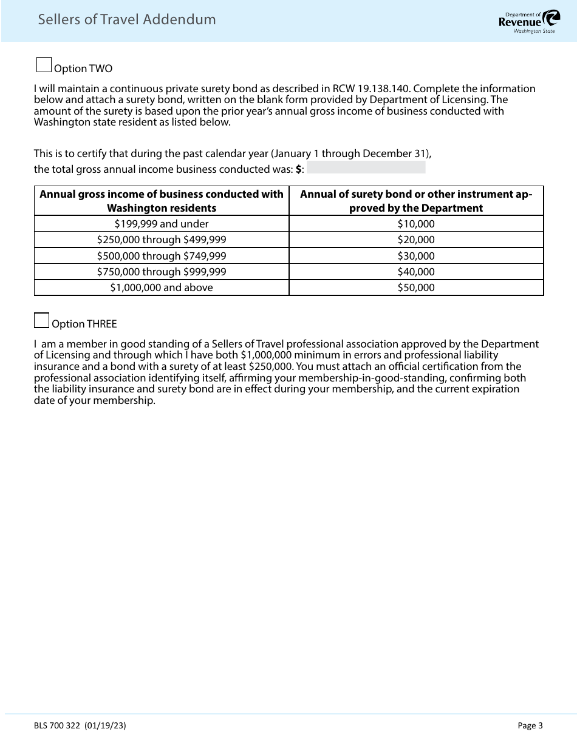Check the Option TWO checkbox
coord(44,65)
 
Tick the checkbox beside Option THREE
coord(42,320)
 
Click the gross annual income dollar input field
coord(366,168)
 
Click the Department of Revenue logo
coord(526,21)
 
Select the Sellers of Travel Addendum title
coord(127,19)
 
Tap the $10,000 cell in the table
coord(416,224)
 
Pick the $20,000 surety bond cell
coord(416,240)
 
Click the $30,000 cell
coord(416,256)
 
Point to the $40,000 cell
coord(416,272)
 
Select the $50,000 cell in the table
coord(416,287)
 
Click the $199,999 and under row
coord(162,224)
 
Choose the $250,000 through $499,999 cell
coord(162,240)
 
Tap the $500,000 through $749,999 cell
coord(162,256)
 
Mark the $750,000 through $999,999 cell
coord(162,272)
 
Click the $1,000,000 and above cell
coord(162,287)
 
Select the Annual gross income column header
coord(162,201)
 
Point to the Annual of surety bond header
coord(416,201)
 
